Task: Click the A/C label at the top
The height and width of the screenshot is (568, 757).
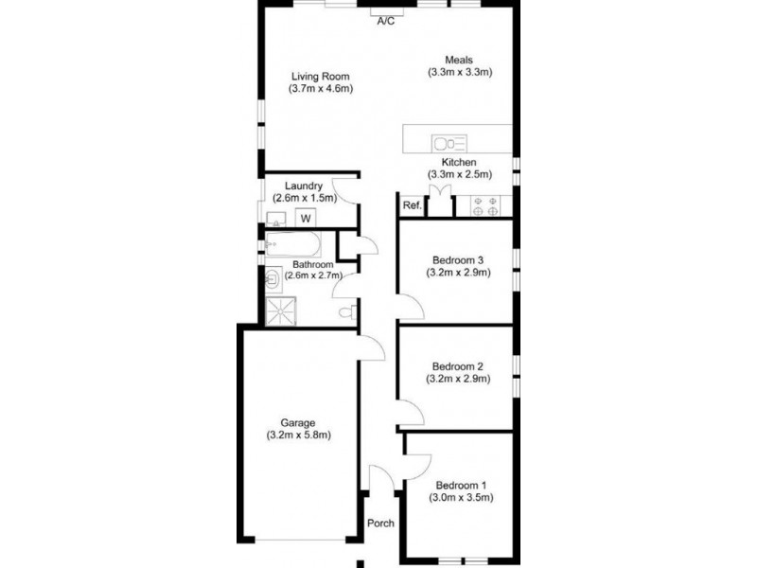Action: pyautogui.click(x=385, y=20)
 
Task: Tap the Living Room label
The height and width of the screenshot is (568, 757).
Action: pyautogui.click(x=320, y=76)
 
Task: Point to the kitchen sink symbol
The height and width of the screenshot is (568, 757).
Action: pyautogui.click(x=449, y=144)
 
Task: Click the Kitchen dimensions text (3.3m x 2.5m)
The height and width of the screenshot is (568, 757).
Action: pyautogui.click(x=458, y=175)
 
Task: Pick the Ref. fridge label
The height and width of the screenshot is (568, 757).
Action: pyautogui.click(x=412, y=205)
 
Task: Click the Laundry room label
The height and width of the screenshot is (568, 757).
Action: pyautogui.click(x=303, y=186)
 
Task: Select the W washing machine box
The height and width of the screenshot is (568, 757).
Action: pyautogui.click(x=306, y=219)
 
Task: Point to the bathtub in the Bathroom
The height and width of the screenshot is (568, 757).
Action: pyautogui.click(x=293, y=244)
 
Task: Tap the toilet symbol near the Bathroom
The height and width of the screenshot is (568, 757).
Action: pyautogui.click(x=346, y=311)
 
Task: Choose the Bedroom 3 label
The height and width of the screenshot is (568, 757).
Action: pyautogui.click(x=458, y=260)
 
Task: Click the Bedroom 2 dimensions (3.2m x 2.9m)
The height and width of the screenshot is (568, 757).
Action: pyautogui.click(x=459, y=379)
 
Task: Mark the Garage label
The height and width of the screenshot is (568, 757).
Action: pyautogui.click(x=297, y=422)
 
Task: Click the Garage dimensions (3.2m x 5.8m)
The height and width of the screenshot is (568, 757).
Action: pyautogui.click(x=297, y=435)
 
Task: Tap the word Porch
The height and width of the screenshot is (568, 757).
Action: pyautogui.click(x=380, y=524)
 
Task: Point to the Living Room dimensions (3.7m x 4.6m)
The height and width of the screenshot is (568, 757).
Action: pyautogui.click(x=320, y=89)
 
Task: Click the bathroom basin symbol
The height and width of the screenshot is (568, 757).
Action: pyautogui.click(x=273, y=277)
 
